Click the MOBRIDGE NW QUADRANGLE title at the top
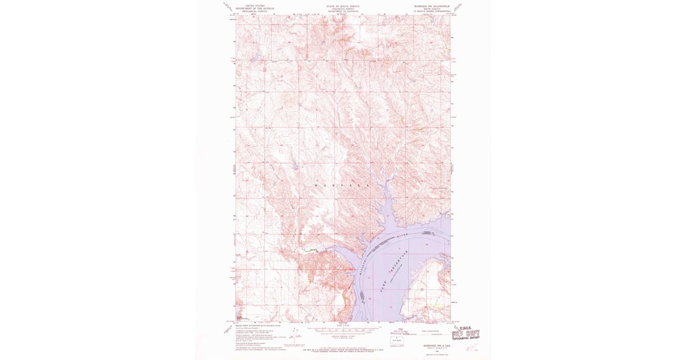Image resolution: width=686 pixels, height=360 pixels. click(429, 5)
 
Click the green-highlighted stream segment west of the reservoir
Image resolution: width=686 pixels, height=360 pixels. click(312, 250)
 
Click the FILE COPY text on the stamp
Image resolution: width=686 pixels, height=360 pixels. click(465, 334)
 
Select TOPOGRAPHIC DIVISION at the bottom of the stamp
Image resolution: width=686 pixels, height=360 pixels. click(465, 339)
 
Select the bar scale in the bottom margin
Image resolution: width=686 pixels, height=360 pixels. click(343, 331)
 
